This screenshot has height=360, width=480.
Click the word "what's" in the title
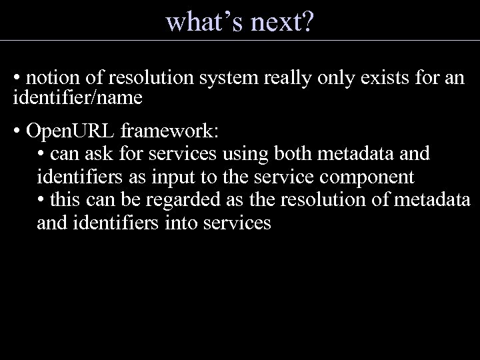coord(204,22)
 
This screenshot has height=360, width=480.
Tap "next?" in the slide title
coord(281,22)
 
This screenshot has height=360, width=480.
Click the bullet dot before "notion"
coord(16,79)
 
